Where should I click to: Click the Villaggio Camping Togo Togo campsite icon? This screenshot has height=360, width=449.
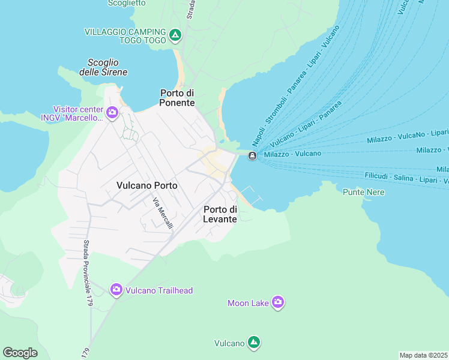(175, 35)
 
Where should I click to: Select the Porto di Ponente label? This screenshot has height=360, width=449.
(177, 98)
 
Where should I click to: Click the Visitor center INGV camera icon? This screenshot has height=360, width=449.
(112, 112)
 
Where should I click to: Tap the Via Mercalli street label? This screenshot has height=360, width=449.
(163, 213)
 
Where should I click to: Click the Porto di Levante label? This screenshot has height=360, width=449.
(220, 214)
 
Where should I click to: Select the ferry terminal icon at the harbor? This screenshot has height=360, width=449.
(253, 156)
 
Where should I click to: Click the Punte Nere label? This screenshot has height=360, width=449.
(363, 192)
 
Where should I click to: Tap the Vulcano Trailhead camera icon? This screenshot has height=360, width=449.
(116, 290)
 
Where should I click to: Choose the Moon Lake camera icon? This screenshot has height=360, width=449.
(277, 302)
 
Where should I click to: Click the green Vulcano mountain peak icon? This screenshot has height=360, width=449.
(254, 343)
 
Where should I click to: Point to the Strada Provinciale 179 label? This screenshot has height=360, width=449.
(86, 273)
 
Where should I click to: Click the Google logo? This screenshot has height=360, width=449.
(20, 353)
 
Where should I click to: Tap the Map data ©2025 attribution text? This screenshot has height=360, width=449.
(423, 355)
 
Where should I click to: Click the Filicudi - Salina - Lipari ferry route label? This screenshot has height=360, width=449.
(403, 178)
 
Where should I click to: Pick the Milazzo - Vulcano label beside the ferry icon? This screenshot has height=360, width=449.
(292, 154)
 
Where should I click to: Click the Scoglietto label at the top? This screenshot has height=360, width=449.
(127, 3)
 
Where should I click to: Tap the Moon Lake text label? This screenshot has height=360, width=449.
(248, 303)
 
